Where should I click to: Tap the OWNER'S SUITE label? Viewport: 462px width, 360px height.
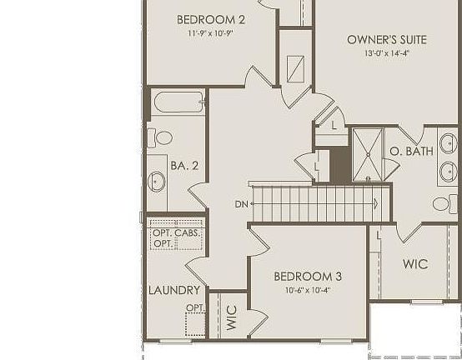[387, 39]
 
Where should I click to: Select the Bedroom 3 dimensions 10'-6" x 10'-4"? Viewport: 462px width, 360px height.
[308, 290]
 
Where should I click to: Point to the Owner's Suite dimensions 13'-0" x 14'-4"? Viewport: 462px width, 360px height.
[387, 52]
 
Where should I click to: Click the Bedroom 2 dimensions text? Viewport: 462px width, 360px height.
[210, 34]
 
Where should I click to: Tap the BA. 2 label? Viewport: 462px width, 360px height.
[183, 166]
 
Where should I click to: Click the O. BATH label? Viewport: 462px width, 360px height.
[410, 151]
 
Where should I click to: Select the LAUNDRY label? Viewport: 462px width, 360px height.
[174, 290]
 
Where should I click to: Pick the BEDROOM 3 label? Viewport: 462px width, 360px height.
[308, 276]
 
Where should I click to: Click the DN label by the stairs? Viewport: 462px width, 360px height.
[241, 204]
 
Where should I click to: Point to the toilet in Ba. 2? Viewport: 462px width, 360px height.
[162, 137]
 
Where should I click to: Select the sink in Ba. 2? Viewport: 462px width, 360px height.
[157, 181]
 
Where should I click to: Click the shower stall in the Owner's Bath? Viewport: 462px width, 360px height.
[367, 152]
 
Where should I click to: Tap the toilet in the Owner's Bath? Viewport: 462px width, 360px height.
[443, 203]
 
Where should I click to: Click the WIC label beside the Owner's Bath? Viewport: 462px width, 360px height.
[415, 264]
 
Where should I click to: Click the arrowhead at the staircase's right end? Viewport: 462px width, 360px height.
[376, 203]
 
